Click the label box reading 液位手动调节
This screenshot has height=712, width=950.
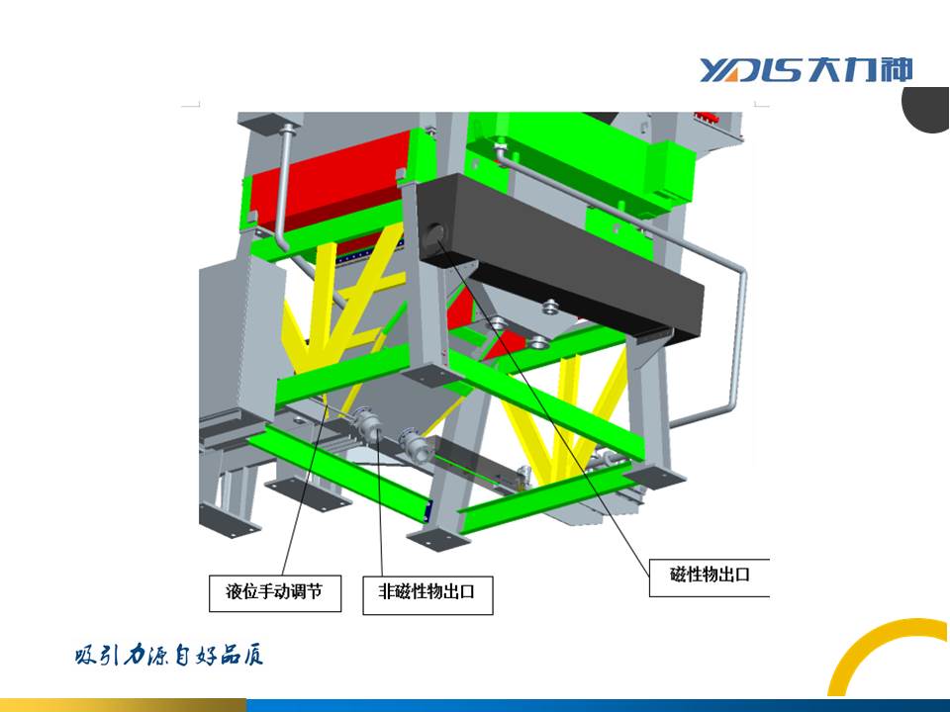(x=275, y=593)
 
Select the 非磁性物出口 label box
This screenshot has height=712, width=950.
(x=427, y=595)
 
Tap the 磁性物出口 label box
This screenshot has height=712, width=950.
(x=710, y=578)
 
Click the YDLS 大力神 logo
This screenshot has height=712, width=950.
(x=806, y=69)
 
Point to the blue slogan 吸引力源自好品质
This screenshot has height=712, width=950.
(x=169, y=656)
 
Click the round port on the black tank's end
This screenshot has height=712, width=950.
(x=433, y=237)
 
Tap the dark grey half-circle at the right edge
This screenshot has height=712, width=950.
(x=927, y=110)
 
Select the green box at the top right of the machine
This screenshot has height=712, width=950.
(x=582, y=160)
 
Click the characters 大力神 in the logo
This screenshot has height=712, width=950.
(x=861, y=69)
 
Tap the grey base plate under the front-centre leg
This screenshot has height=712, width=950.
(x=438, y=539)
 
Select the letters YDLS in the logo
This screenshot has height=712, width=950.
(x=753, y=70)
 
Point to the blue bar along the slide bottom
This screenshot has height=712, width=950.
(x=598, y=705)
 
